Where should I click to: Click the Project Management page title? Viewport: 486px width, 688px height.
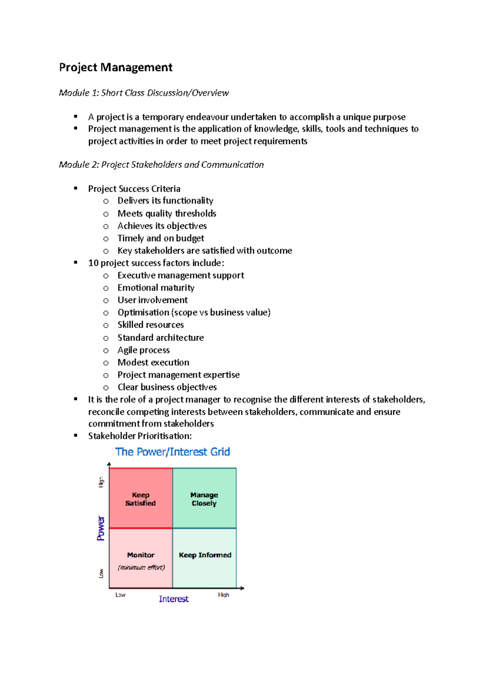[x=115, y=67]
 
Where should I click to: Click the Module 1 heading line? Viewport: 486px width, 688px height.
[x=144, y=93]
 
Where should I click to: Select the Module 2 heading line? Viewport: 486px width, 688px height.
[x=161, y=165]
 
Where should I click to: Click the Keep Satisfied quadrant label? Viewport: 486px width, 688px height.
[x=141, y=499]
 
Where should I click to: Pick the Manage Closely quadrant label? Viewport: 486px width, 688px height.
[x=204, y=499]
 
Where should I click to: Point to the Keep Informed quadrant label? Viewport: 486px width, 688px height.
[x=205, y=555]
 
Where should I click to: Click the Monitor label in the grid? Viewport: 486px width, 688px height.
[x=141, y=555]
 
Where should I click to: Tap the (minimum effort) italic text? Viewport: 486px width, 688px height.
[x=141, y=567]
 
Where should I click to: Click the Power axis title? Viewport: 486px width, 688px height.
[x=101, y=528]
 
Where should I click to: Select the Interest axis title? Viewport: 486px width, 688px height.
[x=174, y=599]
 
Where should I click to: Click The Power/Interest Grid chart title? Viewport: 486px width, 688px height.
[x=173, y=452]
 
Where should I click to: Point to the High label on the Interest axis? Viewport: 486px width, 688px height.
[x=224, y=595]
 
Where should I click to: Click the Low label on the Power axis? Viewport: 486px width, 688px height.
[x=101, y=573]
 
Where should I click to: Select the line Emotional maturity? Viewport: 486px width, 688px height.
[x=156, y=288]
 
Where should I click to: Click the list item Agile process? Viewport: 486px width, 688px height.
[x=143, y=350]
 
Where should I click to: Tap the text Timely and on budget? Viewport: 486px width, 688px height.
[x=161, y=238]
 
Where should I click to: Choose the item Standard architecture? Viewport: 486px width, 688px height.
[x=160, y=338]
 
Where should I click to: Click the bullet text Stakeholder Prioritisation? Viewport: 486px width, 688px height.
[x=140, y=436]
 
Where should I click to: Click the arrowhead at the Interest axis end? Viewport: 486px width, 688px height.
[x=242, y=588]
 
